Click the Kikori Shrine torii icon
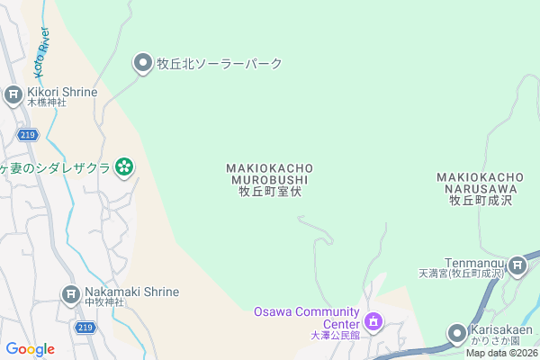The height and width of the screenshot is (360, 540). click(x=13, y=94)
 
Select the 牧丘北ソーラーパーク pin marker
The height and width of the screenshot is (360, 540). click(x=143, y=63)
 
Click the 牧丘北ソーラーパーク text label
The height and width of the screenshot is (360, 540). click(x=220, y=64)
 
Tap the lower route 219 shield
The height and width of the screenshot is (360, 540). click(x=85, y=328)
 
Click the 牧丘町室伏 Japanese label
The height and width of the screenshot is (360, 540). click(x=269, y=192)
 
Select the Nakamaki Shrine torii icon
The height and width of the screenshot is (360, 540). click(x=71, y=293)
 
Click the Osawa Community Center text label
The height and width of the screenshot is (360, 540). click(x=306, y=318)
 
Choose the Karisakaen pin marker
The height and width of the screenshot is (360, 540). click(x=458, y=333)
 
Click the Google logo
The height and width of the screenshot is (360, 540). click(x=30, y=349)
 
